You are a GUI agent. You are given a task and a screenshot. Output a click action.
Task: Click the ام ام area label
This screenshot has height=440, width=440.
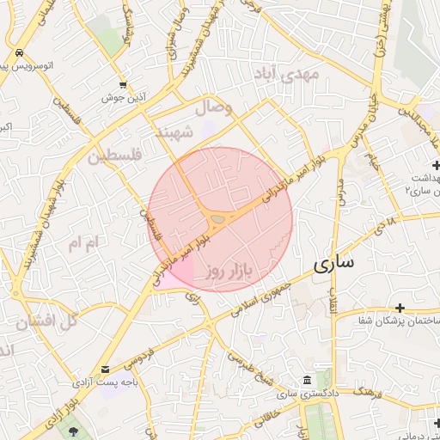(x=85, y=243)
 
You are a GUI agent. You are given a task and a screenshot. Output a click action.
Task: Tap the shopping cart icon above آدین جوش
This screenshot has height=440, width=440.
(x=125, y=85)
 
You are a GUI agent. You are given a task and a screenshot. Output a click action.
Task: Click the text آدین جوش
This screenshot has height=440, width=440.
(x=125, y=98)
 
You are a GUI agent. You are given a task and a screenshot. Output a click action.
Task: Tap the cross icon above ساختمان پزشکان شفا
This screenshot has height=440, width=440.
(x=400, y=307)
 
